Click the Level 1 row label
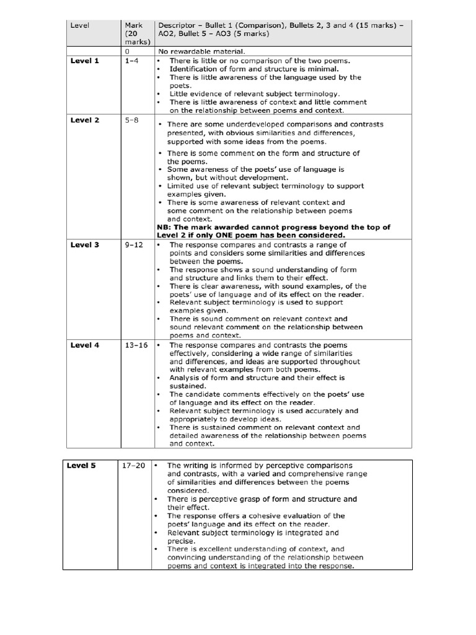coord(85,61)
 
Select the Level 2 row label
coord(85,120)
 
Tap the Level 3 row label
coord(85,245)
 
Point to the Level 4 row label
coord(85,345)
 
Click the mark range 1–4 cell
coord(131,61)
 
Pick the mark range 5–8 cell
coord(131,120)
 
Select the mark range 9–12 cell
coord(133,245)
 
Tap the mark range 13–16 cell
coord(136,345)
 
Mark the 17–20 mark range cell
coord(135,466)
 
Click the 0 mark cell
coord(127,51)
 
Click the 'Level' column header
coord(81,26)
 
